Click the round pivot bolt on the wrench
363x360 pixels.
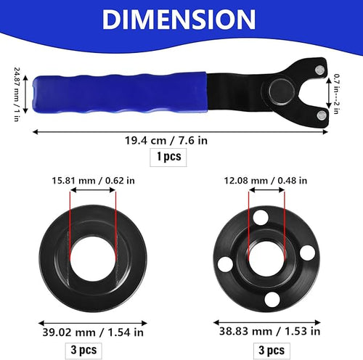point(280,91)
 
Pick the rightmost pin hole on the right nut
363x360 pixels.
point(307,251)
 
